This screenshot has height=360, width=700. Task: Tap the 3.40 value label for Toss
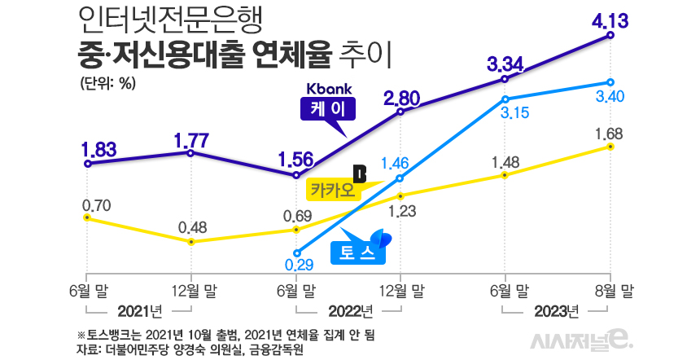pos(610,97)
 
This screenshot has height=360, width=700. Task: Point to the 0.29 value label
pos(300,264)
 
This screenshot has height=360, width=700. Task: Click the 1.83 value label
pos(98,149)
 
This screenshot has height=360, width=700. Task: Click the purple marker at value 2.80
pos(400,112)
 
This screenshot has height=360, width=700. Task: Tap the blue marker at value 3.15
pos(506,98)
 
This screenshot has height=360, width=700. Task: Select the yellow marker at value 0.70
pos(86,217)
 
